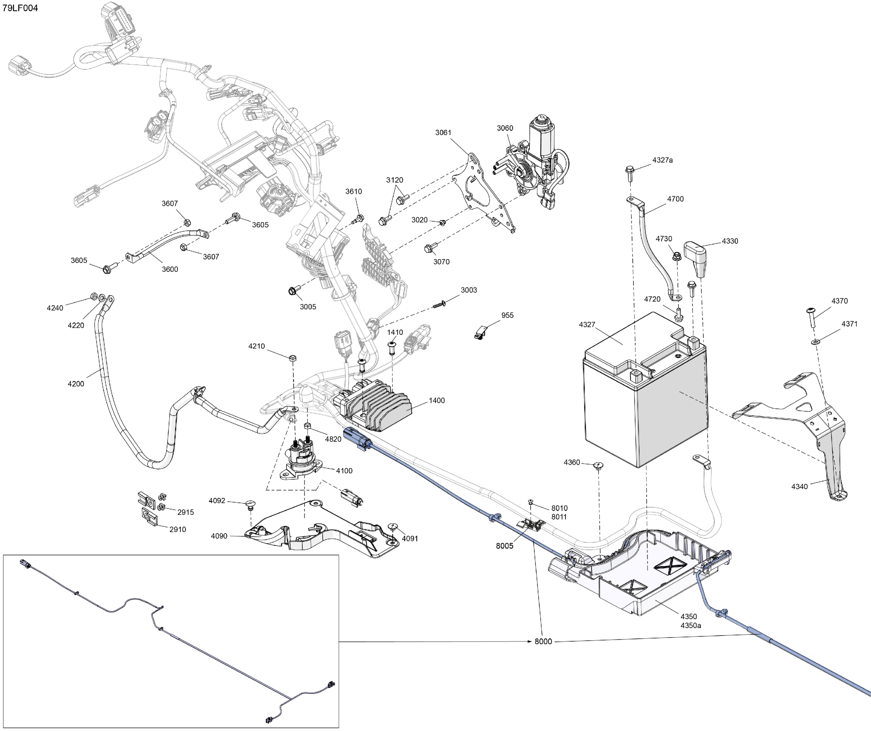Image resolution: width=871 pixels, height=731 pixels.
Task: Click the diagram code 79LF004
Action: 20,8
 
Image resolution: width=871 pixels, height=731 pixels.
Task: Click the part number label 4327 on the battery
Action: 587,324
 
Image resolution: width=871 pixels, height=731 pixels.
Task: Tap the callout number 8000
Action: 543,641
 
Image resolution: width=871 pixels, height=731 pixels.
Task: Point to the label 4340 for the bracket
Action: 799,486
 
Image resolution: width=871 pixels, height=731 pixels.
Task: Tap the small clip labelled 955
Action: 480,332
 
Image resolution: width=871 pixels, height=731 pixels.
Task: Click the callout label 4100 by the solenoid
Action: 344,470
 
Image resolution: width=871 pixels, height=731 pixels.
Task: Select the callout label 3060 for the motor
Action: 505,128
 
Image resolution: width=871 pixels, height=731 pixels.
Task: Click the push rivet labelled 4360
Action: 598,465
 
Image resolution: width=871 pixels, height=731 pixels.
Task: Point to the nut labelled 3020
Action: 442,223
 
